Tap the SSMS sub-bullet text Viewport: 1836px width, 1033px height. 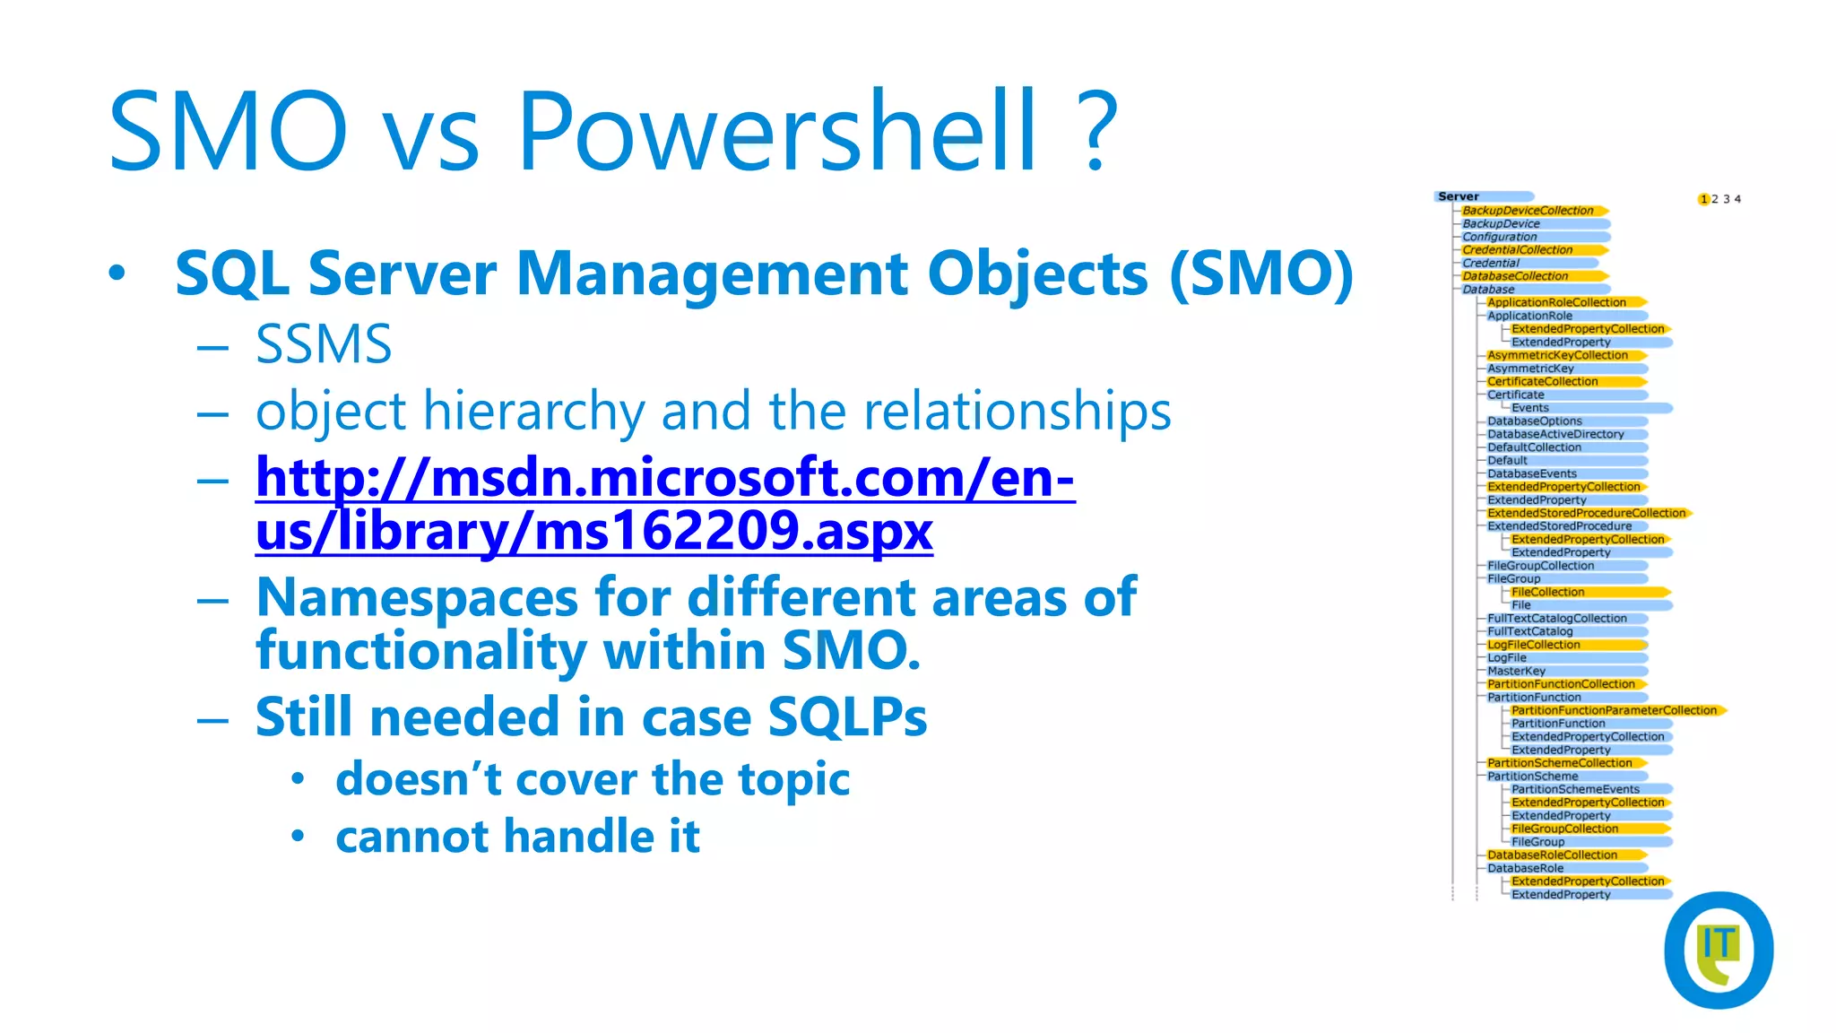[x=324, y=344]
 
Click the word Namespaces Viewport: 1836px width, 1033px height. [x=417, y=598]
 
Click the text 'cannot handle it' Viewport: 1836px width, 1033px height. [x=517, y=837]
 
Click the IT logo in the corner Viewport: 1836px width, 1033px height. [x=1718, y=950]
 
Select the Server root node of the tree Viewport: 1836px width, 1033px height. [x=1459, y=196]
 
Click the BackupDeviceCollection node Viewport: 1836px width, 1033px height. [x=1528, y=211]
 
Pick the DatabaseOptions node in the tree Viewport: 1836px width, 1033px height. [x=1534, y=421]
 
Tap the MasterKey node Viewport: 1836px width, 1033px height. [x=1516, y=671]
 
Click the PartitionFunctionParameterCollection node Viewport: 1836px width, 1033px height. [x=1613, y=710]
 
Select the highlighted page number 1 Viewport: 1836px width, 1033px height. [x=1703, y=199]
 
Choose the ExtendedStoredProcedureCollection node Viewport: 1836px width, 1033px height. [x=1586, y=513]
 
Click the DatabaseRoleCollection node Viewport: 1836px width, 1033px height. [x=1552, y=855]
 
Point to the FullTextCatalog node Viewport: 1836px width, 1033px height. [x=1529, y=631]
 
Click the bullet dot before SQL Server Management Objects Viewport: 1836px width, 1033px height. [x=117, y=273]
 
